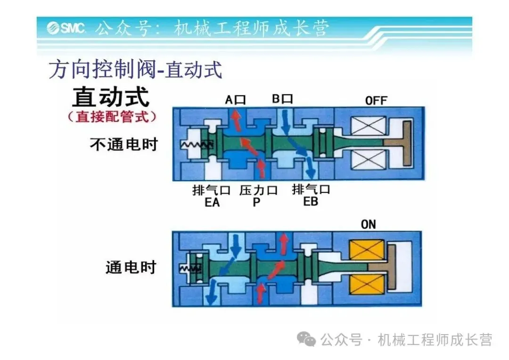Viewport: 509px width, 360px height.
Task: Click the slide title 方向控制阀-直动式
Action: tap(135, 70)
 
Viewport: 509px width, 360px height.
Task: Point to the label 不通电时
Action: tap(123, 144)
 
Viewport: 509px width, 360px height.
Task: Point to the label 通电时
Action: tap(131, 267)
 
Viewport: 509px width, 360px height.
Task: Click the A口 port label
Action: tap(235, 99)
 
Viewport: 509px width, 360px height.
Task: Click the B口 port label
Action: tap(282, 99)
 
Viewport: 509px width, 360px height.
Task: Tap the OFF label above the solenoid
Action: tap(376, 100)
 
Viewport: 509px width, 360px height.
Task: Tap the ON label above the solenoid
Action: tap(368, 224)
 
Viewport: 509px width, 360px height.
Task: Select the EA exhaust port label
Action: tap(212, 203)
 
